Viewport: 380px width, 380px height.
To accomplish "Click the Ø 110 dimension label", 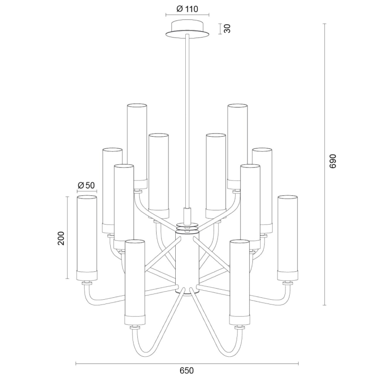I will pos(187,9).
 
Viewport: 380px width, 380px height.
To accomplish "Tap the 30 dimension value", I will pos(228,28).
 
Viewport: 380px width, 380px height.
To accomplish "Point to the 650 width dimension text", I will pos(187,370).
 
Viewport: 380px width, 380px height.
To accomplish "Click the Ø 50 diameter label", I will pos(86,184).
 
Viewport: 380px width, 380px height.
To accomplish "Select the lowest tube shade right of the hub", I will pos(239,280).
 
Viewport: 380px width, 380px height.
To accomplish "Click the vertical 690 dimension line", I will pos(324,161).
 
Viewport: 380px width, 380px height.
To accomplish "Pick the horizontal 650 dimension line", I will pos(187,364).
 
